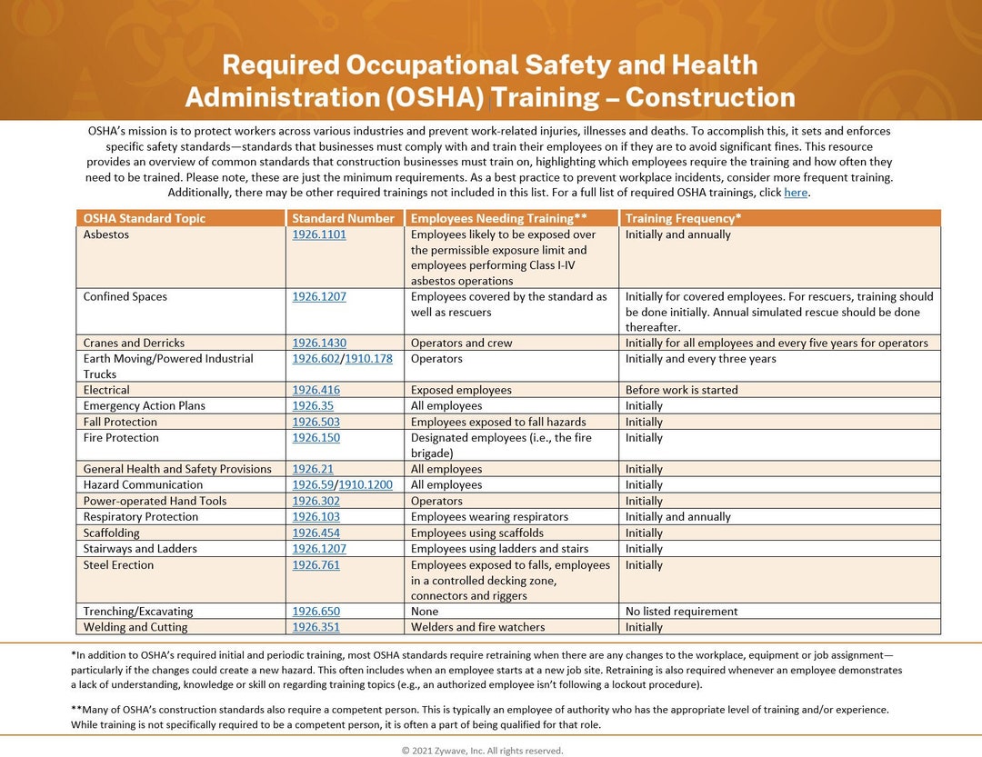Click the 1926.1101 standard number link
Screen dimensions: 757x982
(318, 234)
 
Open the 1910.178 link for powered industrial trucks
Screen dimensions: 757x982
(368, 359)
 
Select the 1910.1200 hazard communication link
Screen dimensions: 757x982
(366, 485)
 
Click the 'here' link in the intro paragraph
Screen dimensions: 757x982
(795, 193)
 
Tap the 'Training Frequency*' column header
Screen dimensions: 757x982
(683, 218)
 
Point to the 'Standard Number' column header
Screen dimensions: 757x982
(343, 218)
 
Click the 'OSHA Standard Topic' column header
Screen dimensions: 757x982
(145, 218)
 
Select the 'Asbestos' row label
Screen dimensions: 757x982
(106, 234)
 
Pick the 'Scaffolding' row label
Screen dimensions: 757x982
(112, 533)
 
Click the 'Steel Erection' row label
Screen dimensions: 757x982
(119, 565)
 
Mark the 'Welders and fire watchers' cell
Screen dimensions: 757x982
(477, 627)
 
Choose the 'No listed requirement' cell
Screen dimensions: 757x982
(681, 612)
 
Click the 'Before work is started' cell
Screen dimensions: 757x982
(681, 390)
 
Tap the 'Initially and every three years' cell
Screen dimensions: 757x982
(700, 359)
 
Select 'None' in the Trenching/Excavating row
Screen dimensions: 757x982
(425, 612)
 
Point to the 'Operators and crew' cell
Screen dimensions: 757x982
(461, 344)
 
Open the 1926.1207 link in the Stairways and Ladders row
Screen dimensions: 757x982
(318, 549)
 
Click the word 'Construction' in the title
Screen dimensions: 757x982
(710, 97)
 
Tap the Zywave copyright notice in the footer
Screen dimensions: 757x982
(483, 751)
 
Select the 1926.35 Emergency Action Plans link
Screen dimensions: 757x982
(313, 406)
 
